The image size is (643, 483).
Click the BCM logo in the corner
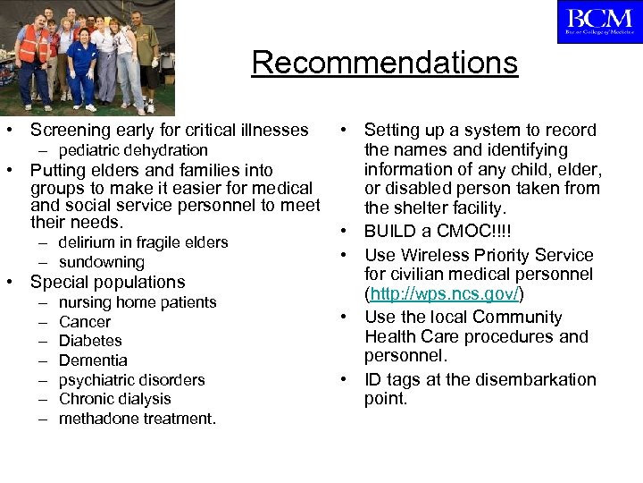599,21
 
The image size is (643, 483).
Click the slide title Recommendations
384,63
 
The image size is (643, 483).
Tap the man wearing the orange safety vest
34,58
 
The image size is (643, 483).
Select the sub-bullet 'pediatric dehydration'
133,150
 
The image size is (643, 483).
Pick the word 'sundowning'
101,262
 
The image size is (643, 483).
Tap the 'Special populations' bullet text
107,283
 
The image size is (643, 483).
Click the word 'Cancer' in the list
85,322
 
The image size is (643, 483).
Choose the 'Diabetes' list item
90,341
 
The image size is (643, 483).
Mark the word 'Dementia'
93,360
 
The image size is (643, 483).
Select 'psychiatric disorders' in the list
131,380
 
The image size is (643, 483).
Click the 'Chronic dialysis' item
114,399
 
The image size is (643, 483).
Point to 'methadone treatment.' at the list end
137,419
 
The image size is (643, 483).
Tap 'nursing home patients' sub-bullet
138,302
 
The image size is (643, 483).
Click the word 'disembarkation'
517,379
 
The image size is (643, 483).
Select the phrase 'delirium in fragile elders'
143,242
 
